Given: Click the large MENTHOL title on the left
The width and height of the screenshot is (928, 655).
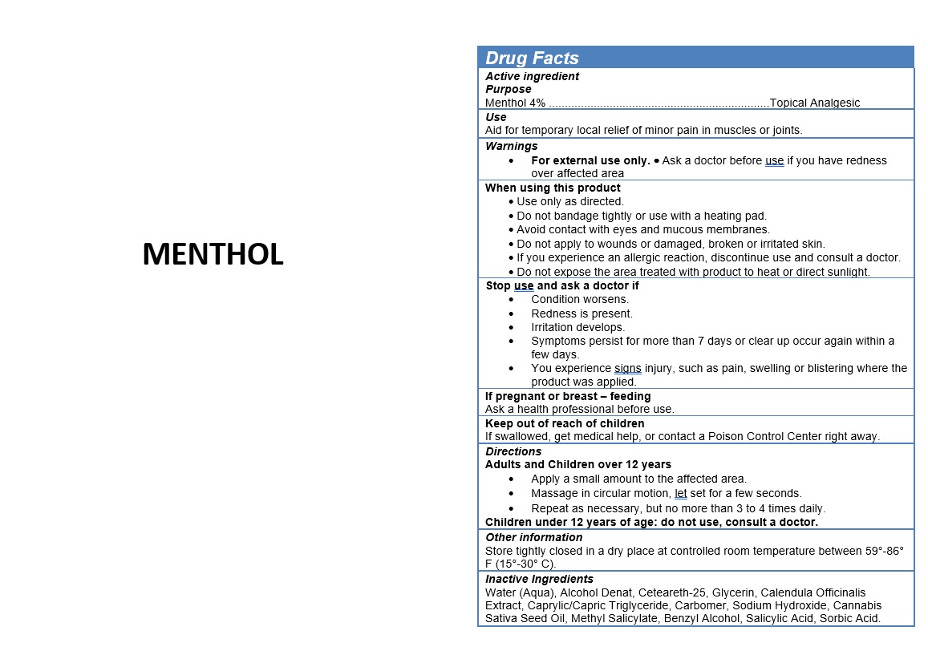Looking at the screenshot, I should (x=213, y=254).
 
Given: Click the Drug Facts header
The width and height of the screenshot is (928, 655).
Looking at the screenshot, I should (x=532, y=58).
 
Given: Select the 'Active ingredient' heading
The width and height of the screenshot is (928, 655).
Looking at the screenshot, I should (x=532, y=76).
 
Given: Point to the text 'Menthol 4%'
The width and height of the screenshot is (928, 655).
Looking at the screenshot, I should (x=515, y=103).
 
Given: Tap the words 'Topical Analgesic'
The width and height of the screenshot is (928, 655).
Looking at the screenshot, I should (x=814, y=103).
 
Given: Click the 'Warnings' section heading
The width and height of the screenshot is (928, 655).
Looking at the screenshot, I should (x=511, y=146).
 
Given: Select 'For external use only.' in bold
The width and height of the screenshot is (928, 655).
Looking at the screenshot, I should (x=590, y=160).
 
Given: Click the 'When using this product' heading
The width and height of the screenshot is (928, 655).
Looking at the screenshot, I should (x=553, y=188).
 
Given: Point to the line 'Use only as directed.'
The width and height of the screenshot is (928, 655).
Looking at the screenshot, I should (x=570, y=201).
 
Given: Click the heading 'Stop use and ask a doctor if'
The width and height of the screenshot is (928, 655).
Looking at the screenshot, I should (x=562, y=285).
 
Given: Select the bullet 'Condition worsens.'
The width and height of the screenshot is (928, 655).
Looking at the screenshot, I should (x=580, y=299).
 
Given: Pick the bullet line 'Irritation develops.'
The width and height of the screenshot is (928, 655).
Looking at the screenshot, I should (x=577, y=327).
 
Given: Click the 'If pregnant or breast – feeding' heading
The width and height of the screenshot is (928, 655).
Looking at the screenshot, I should (x=568, y=396).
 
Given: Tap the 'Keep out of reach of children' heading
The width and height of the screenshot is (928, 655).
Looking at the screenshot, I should (x=565, y=423).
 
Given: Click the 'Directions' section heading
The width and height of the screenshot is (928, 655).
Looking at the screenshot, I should (x=513, y=451).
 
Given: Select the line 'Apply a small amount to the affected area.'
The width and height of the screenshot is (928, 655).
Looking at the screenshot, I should (x=638, y=479).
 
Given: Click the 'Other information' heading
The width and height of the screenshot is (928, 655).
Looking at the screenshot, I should (x=533, y=537).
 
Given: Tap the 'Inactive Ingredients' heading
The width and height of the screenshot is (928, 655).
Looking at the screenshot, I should (x=539, y=579).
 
